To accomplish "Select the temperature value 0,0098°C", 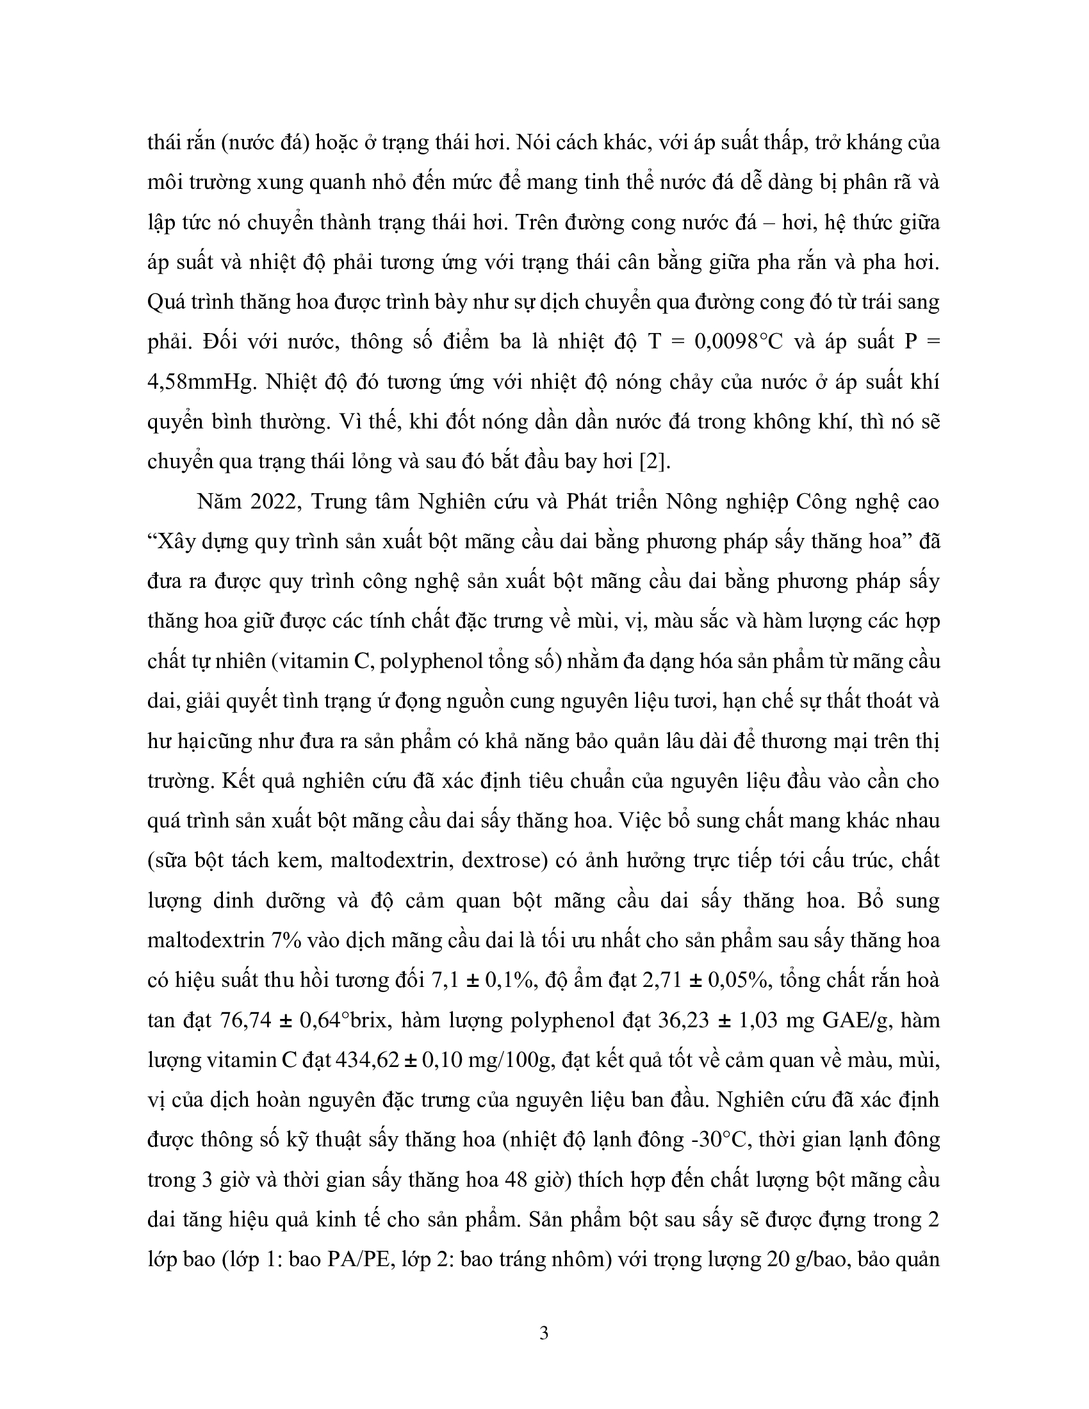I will click(x=738, y=341).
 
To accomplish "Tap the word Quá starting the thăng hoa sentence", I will click(x=167, y=301).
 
